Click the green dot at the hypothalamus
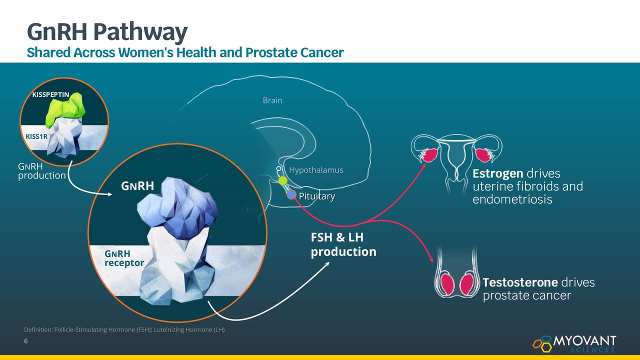pos(282,180)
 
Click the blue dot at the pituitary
pos(291,195)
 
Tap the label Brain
pos(272,100)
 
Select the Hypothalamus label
pos(316,170)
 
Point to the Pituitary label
pos(317,196)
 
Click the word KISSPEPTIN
pos(50,94)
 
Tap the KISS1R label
pos(36,136)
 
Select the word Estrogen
pos(497,173)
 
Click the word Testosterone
pos(520,282)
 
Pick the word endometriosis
pos(512,199)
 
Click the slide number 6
pos(25,341)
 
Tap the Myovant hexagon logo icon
pos(542,343)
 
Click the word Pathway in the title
pos(140,32)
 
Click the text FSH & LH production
pos(343,244)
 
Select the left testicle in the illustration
pos(447,284)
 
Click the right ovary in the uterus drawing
pos(483,155)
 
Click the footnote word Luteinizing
pos(168,329)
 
